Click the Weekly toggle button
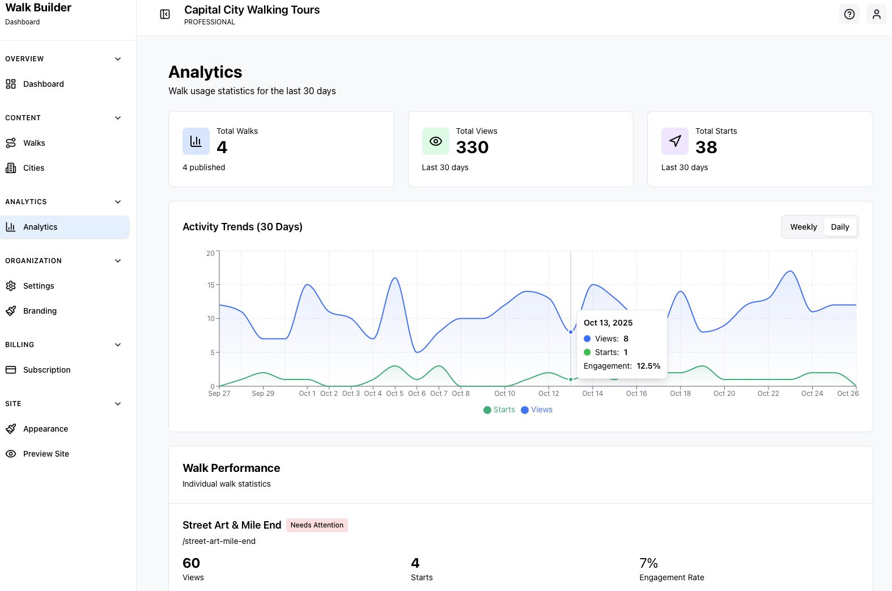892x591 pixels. pos(803,227)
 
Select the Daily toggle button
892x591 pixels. pos(840,227)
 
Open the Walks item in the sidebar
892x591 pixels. pos(34,143)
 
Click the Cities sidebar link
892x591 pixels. pos(33,168)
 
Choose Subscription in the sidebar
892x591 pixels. pos(46,370)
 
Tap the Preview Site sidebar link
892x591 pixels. pos(46,454)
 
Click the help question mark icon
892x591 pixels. pos(849,14)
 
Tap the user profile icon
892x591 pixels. pos(876,14)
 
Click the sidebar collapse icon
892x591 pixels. pos(165,14)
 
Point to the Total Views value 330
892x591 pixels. pos(472,147)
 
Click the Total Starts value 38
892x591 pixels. pos(706,147)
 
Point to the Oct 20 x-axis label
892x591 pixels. pos(724,394)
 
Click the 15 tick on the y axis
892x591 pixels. pos(211,285)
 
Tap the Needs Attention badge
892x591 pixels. pos(317,525)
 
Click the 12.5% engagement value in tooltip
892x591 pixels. pos(648,366)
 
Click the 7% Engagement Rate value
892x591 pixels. pos(648,563)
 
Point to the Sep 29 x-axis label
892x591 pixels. pos(263,394)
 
